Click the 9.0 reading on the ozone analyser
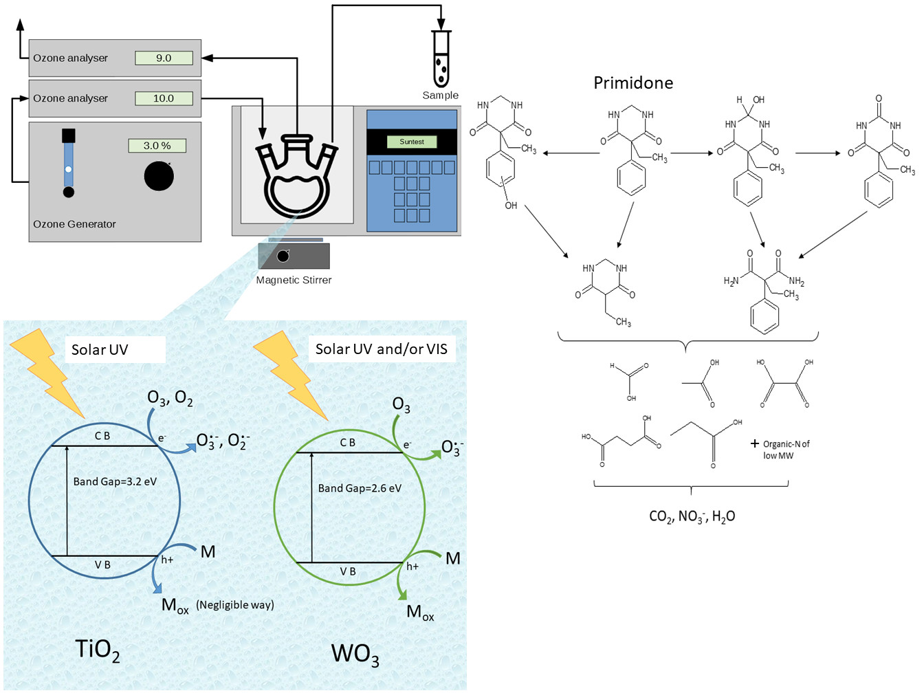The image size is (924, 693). click(x=164, y=58)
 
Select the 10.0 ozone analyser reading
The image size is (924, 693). click(x=164, y=98)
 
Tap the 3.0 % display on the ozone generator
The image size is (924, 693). click(x=157, y=146)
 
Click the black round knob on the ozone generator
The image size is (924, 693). click(x=159, y=176)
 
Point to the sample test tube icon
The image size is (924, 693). click(x=441, y=60)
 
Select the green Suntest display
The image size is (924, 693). click(x=412, y=142)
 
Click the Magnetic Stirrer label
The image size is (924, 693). click(x=294, y=280)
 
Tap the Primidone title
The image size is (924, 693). click(x=633, y=83)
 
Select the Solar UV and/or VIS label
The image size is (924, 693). click(x=382, y=349)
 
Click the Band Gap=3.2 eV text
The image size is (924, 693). click(x=115, y=481)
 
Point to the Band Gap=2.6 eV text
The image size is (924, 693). click(x=360, y=488)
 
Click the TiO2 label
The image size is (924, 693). click(x=97, y=650)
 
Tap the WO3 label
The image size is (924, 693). click(x=355, y=654)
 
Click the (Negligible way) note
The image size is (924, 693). click(x=234, y=605)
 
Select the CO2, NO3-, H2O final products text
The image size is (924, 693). click(x=692, y=516)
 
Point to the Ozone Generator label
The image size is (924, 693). click(x=74, y=224)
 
